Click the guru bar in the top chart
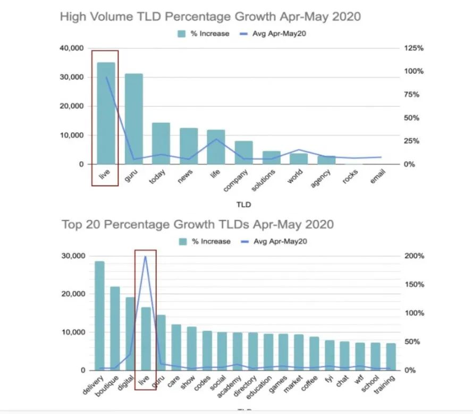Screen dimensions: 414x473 pyautogui.click(x=133, y=119)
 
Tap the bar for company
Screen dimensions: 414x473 pyautogui.click(x=243, y=153)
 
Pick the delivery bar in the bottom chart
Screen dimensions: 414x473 pyautogui.click(x=99, y=316)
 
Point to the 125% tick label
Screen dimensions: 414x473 pyautogui.click(x=414, y=48)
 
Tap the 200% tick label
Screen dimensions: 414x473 pyautogui.click(x=414, y=256)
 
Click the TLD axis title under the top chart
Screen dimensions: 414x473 pyautogui.click(x=243, y=204)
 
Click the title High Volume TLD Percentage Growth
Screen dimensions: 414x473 pyautogui.click(x=210, y=16)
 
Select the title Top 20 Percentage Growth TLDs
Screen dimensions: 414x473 pyautogui.click(x=198, y=224)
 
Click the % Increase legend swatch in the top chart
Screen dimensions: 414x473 pyautogui.click(x=182, y=33)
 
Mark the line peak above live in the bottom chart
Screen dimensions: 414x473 pyautogui.click(x=146, y=256)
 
